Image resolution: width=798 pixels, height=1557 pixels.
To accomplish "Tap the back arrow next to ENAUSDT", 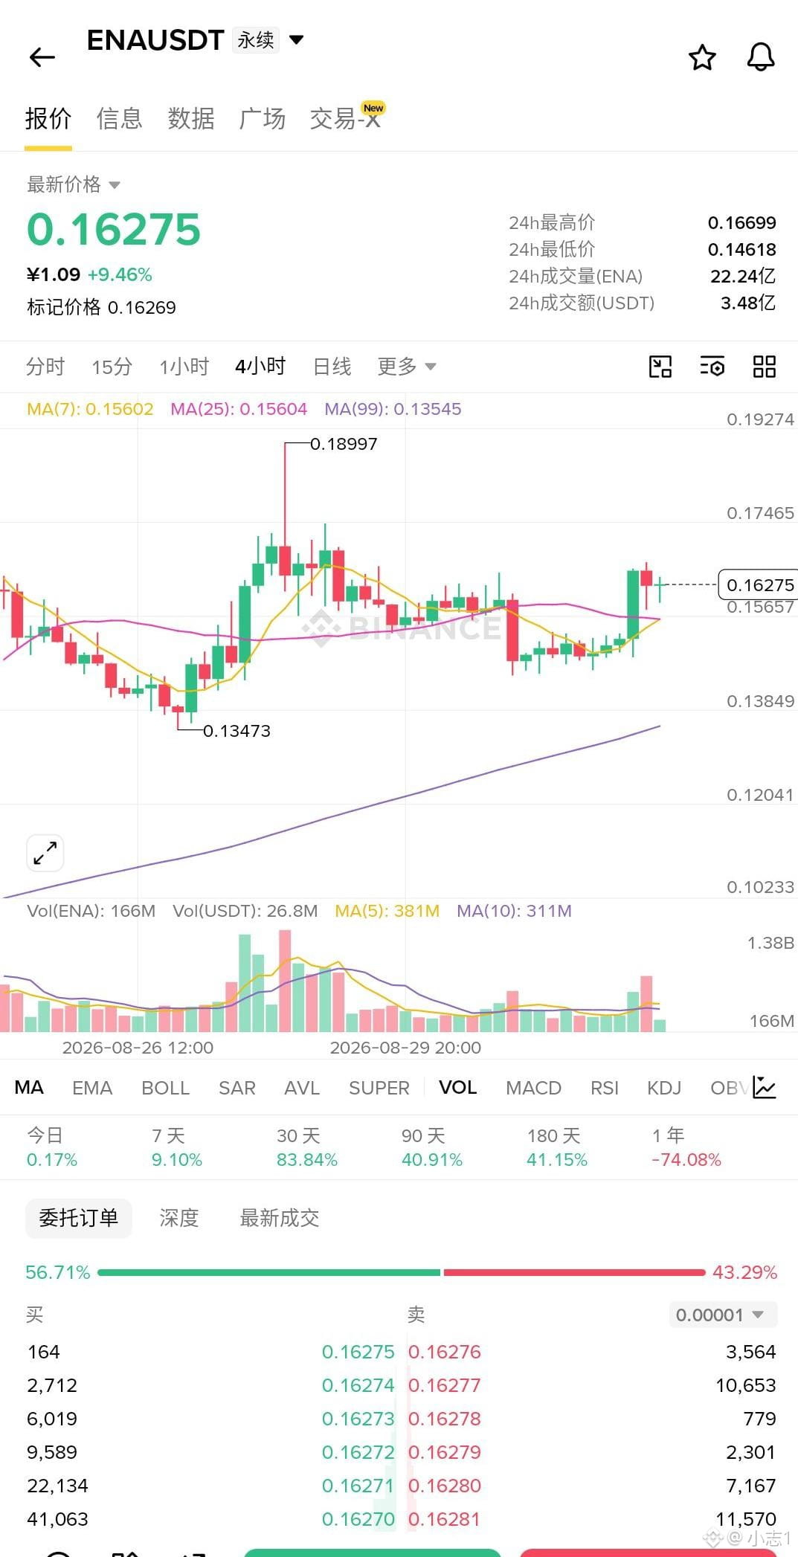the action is click(42, 57).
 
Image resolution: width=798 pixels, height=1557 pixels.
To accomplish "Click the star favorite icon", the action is click(702, 57).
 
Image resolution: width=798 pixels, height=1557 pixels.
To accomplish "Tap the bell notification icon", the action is click(760, 57).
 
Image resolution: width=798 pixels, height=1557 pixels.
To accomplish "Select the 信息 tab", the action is click(119, 118).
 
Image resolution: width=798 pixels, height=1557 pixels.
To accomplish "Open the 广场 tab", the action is click(262, 118).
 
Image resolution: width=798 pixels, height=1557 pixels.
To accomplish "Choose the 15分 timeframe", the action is click(112, 367).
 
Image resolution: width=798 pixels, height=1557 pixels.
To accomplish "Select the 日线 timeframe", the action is click(332, 367).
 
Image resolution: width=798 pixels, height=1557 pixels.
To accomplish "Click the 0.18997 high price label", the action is click(344, 444).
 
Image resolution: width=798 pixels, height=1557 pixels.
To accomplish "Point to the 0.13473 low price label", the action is click(236, 731).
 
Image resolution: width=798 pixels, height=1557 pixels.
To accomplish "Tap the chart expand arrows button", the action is click(45, 853).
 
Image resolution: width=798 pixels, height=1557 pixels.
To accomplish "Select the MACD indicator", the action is click(533, 1088).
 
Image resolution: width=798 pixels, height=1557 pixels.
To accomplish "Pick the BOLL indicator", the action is click(165, 1088).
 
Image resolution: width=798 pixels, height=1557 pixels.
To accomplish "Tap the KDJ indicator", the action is click(664, 1088).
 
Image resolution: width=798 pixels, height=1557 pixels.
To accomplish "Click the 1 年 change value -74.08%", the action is click(686, 1160).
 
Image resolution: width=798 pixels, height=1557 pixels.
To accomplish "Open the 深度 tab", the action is click(179, 1218).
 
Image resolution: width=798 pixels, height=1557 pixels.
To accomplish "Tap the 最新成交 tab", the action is click(280, 1218).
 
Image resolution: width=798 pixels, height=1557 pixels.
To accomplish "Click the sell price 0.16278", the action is click(445, 1419).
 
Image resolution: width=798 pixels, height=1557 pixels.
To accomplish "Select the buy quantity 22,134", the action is click(57, 1486).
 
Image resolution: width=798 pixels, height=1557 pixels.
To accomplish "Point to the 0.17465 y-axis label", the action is click(760, 513).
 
